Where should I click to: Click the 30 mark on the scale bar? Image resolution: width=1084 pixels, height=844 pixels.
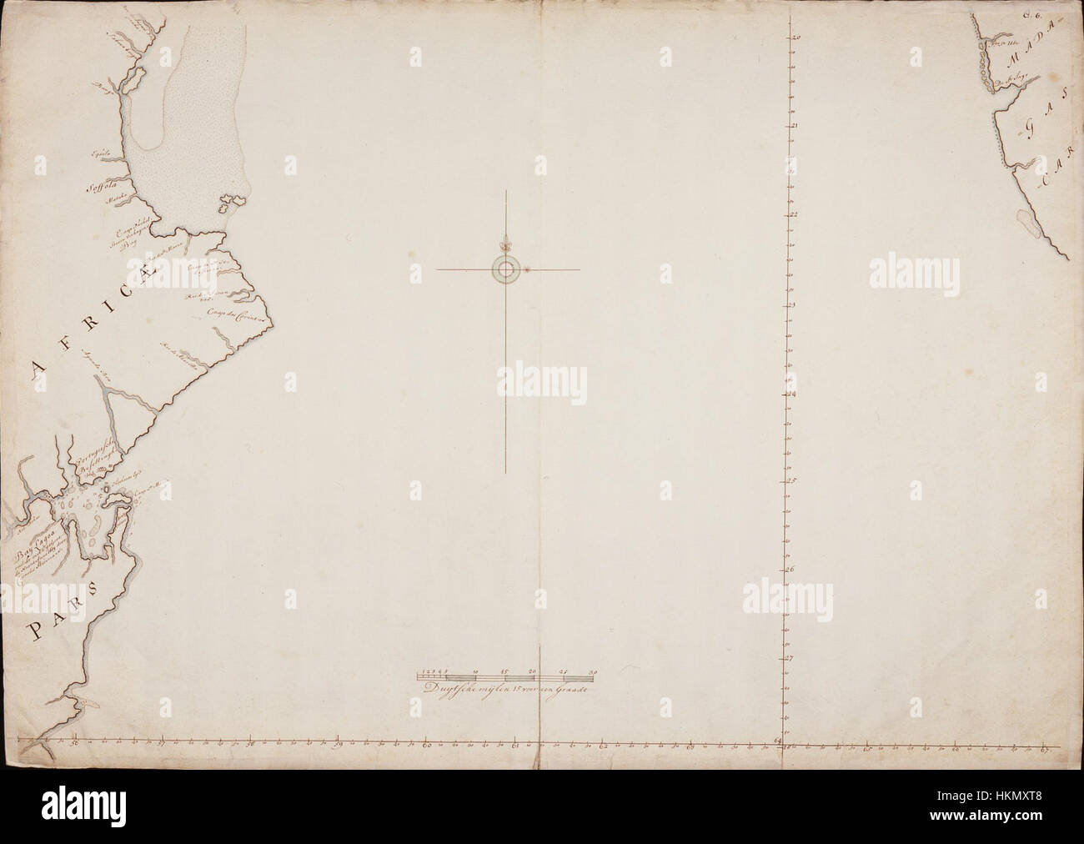pos(593,671)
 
